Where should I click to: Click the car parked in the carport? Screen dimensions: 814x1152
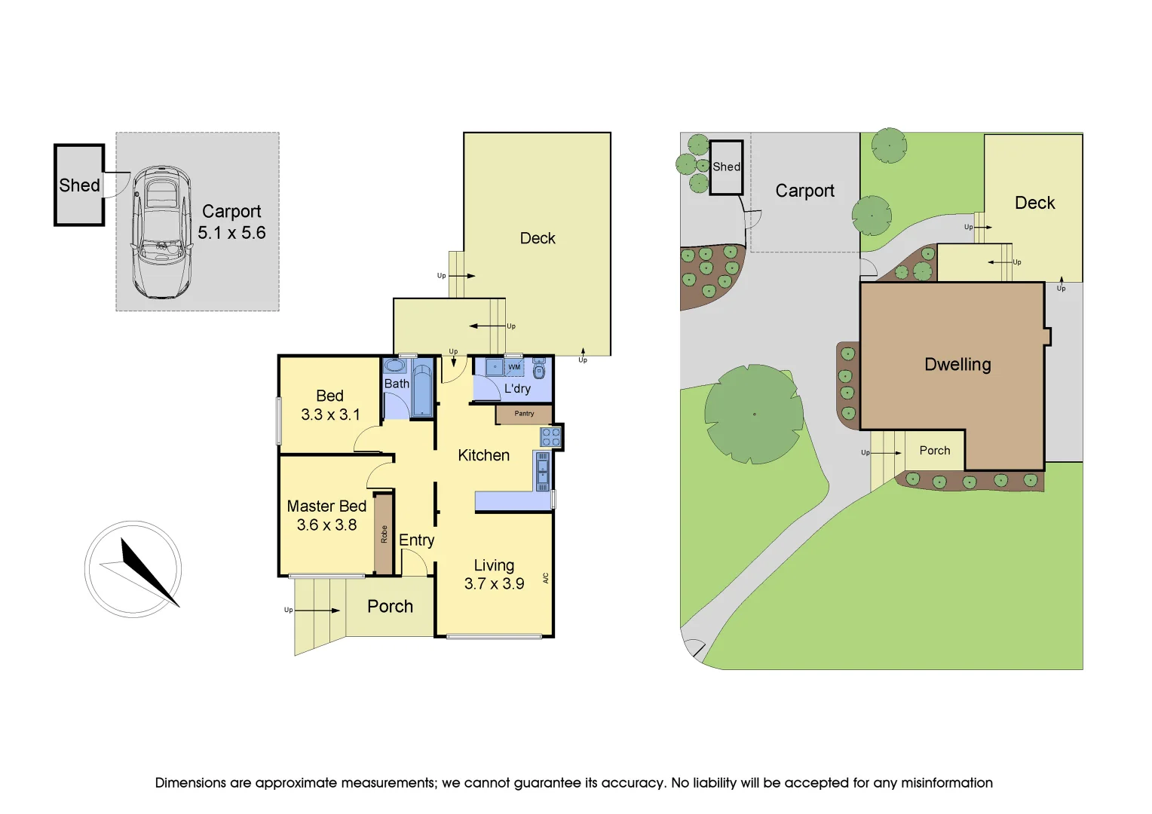click(161, 231)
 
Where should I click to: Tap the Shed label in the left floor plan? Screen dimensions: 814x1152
click(79, 185)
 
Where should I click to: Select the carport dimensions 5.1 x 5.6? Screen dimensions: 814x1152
click(231, 233)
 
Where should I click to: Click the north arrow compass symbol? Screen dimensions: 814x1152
click(133, 570)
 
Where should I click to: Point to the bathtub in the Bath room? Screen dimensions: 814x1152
click(422, 390)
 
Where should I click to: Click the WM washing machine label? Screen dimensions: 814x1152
click(514, 367)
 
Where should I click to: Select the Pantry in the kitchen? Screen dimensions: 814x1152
click(524, 414)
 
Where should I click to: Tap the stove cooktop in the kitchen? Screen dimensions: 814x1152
click(550, 437)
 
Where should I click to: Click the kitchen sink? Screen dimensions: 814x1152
click(542, 471)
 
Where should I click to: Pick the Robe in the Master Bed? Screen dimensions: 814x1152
click(384, 534)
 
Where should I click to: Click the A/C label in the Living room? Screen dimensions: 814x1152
click(546, 578)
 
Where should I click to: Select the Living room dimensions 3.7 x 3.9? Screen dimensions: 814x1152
click(494, 584)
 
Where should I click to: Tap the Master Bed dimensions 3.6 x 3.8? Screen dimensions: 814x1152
click(326, 525)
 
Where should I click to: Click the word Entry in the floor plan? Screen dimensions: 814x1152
click(416, 540)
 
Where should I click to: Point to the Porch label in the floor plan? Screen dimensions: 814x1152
click(390, 607)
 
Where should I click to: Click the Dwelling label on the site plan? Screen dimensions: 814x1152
click(957, 365)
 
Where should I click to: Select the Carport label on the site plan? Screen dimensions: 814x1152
click(804, 191)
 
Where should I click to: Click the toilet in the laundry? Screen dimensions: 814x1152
click(538, 370)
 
